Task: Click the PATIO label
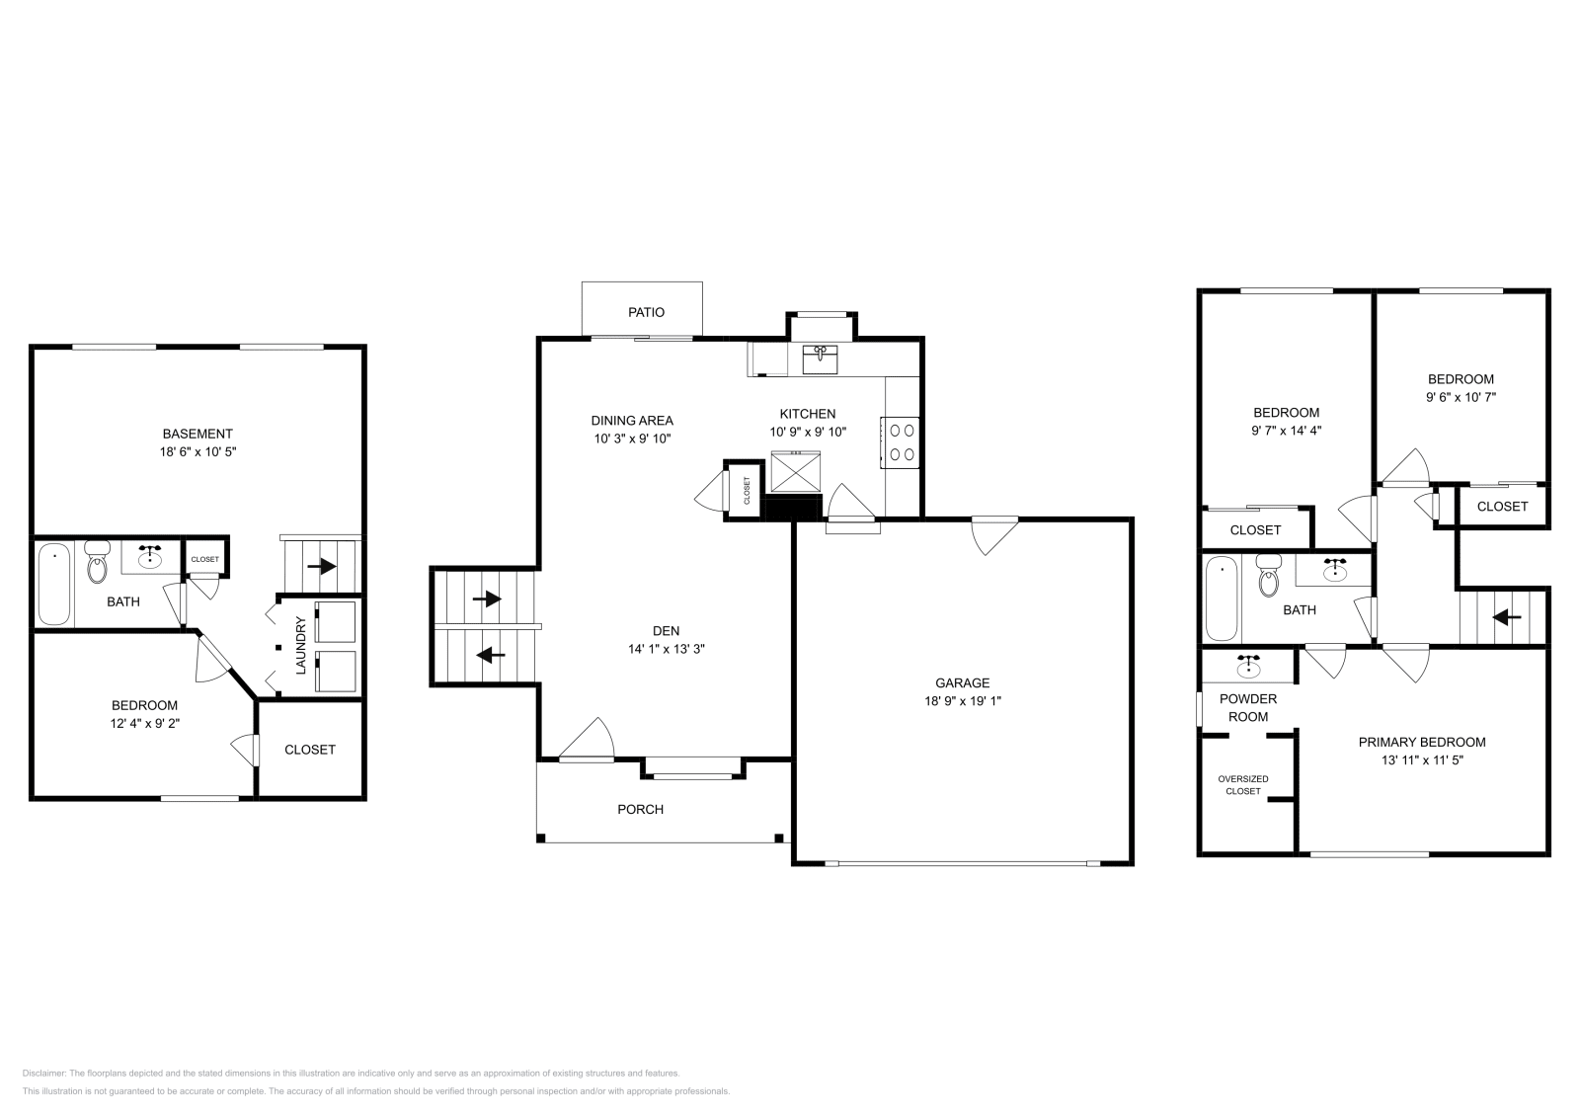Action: point(646,312)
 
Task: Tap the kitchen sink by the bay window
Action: point(820,359)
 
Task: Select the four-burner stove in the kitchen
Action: point(900,442)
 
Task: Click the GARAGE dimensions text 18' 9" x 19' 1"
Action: point(962,700)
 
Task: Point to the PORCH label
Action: point(641,809)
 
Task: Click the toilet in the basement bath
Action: point(98,562)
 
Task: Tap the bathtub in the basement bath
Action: point(54,584)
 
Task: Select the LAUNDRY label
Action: point(301,645)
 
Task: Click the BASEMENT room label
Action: point(197,434)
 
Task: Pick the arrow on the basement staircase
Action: point(322,566)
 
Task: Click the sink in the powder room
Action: point(1248,666)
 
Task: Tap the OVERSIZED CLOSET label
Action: point(1243,785)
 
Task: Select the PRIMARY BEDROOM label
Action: point(1422,742)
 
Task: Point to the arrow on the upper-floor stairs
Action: point(1506,617)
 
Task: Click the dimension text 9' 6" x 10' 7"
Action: point(1461,396)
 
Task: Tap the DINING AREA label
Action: point(632,421)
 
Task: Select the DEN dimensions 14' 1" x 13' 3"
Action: point(667,648)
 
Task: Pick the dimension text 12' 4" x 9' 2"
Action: point(144,723)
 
